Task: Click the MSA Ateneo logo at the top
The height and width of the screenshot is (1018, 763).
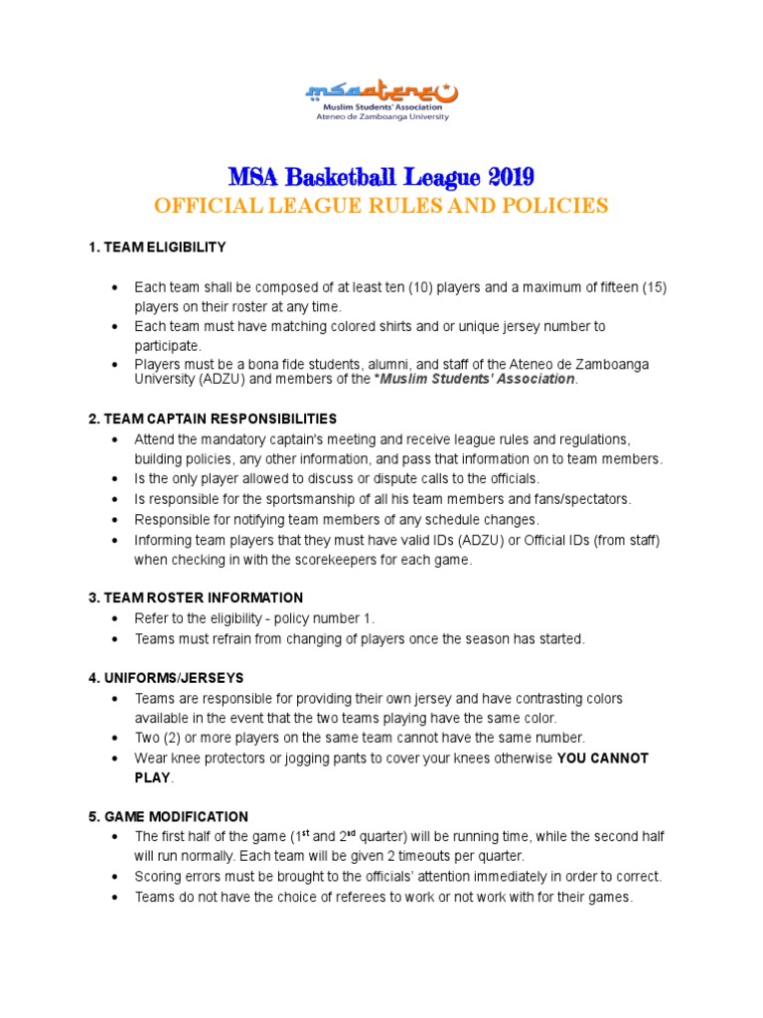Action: point(381,100)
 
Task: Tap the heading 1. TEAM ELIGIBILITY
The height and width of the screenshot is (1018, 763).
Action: point(158,247)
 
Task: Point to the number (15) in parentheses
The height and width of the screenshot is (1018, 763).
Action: point(653,287)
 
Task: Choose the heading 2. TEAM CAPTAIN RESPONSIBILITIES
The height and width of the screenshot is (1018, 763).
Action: point(213,419)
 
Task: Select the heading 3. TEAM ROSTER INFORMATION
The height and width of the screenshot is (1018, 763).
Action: point(196,597)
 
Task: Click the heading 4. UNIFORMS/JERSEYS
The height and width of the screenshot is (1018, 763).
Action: point(166,678)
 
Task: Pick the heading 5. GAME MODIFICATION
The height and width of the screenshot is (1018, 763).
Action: point(169,817)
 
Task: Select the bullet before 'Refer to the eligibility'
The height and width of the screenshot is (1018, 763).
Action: point(116,618)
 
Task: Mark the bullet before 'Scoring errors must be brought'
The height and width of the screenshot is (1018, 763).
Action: point(116,877)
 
